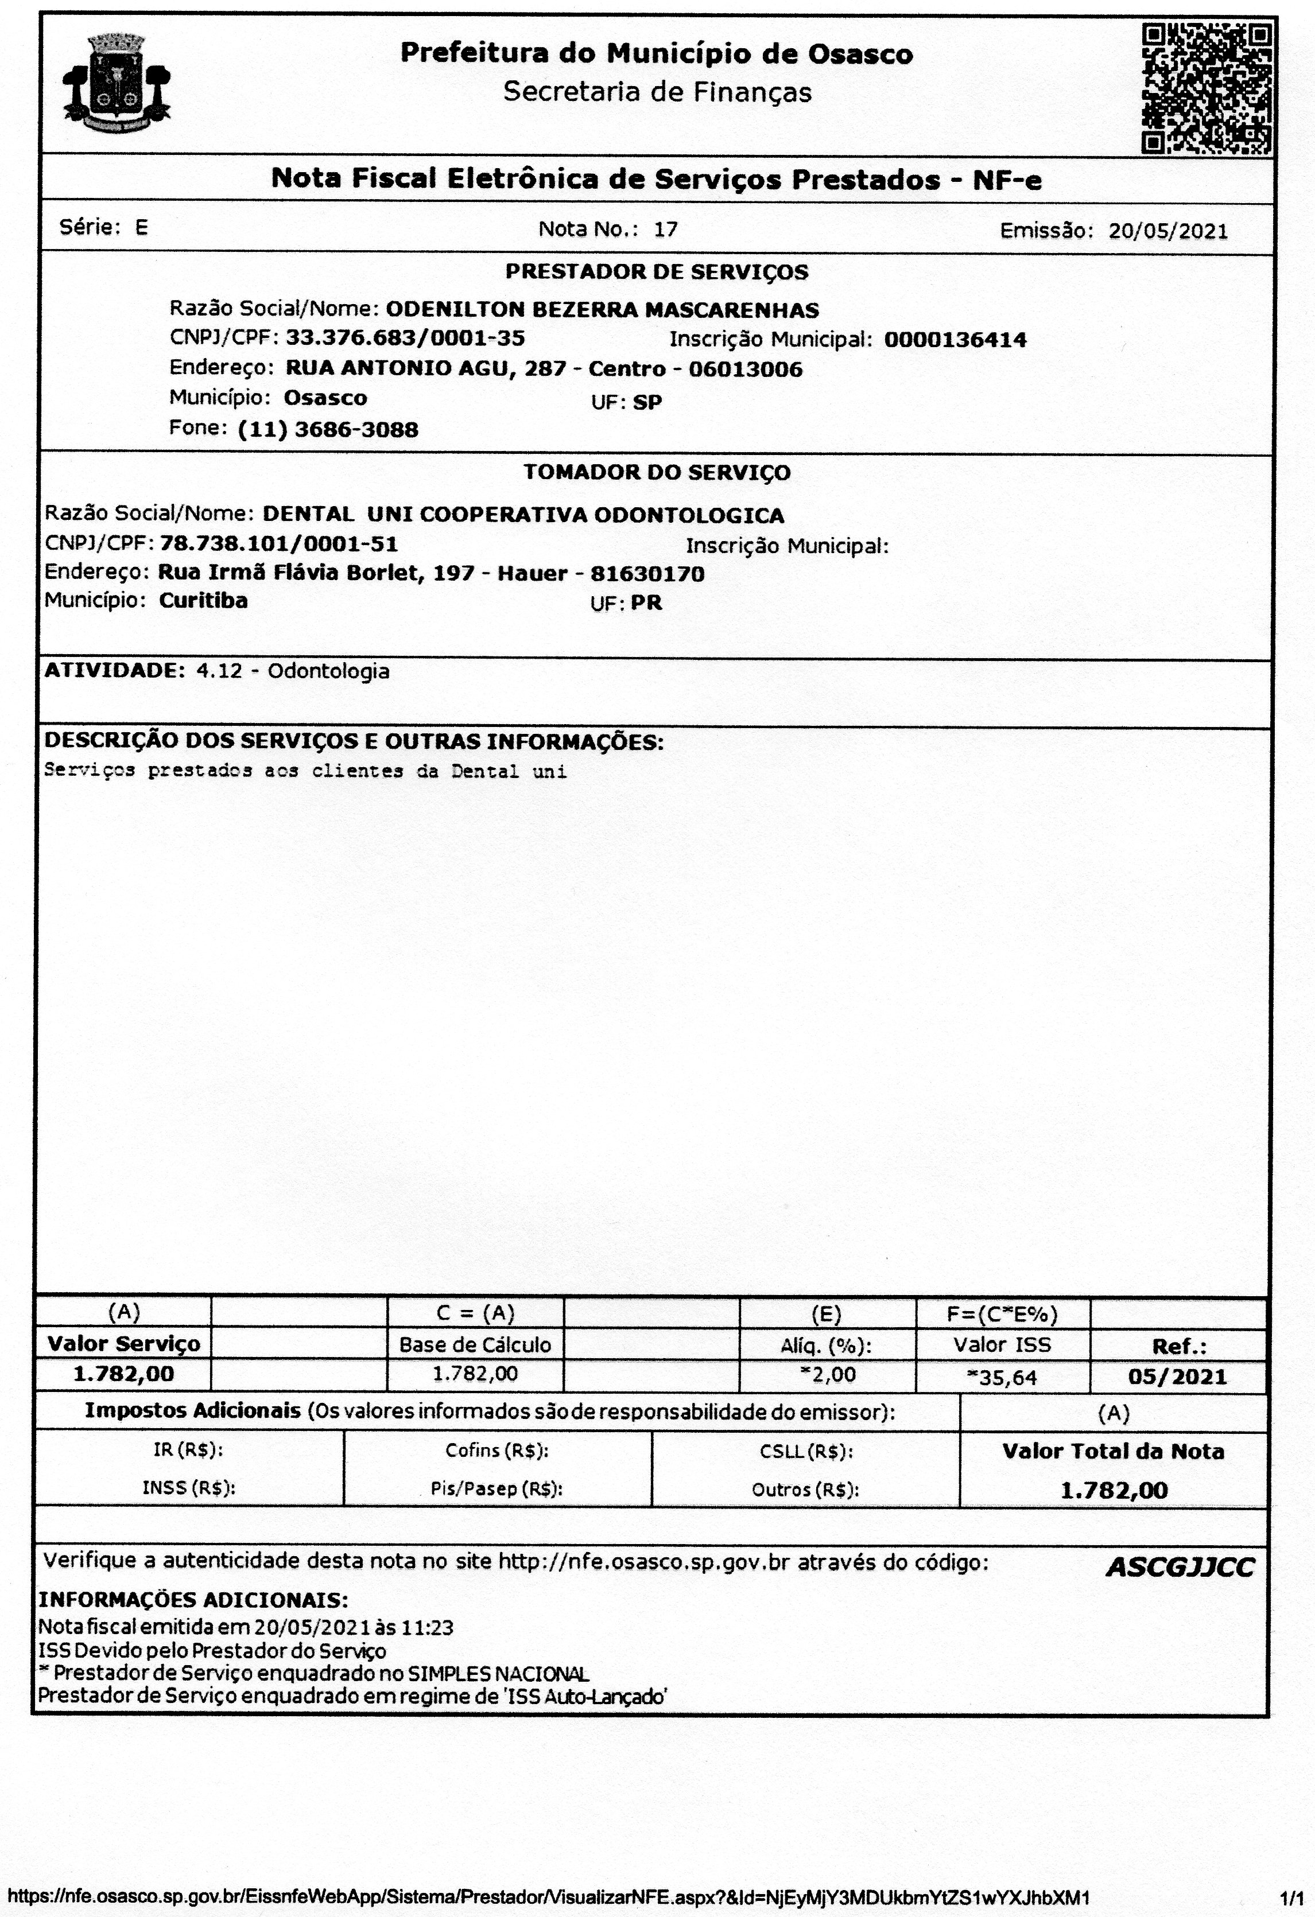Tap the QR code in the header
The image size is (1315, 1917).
(x=1206, y=88)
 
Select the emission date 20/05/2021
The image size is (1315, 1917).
(x=1167, y=231)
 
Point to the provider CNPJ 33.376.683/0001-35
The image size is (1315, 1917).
(x=405, y=338)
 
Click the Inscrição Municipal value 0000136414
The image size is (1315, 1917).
(x=955, y=340)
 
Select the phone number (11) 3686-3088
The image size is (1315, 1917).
(x=328, y=430)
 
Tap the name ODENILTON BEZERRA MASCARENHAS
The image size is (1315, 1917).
(x=602, y=310)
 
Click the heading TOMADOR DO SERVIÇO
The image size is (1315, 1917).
(x=656, y=473)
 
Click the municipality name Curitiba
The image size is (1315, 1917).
(x=203, y=601)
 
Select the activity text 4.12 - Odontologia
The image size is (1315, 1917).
(x=292, y=671)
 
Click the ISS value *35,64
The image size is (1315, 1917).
(x=1002, y=1376)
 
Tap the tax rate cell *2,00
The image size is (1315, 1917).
(x=828, y=1375)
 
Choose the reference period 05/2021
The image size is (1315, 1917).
(x=1178, y=1376)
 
